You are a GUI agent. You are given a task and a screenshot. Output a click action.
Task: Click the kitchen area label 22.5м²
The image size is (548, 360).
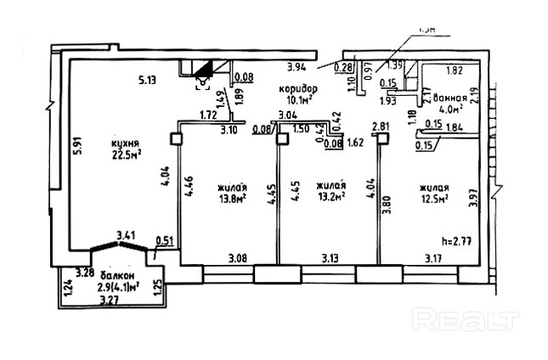126,154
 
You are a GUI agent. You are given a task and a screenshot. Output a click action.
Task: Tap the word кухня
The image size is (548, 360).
125,142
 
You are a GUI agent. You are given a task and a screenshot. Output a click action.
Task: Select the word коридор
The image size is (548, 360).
297,88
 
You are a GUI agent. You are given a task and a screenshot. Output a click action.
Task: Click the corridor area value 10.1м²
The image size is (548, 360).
297,98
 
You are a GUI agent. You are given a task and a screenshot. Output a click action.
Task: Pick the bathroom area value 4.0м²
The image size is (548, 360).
449,109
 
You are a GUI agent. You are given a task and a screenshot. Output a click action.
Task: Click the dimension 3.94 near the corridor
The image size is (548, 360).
296,67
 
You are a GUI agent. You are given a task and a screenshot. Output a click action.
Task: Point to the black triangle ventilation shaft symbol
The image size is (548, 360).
204,71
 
